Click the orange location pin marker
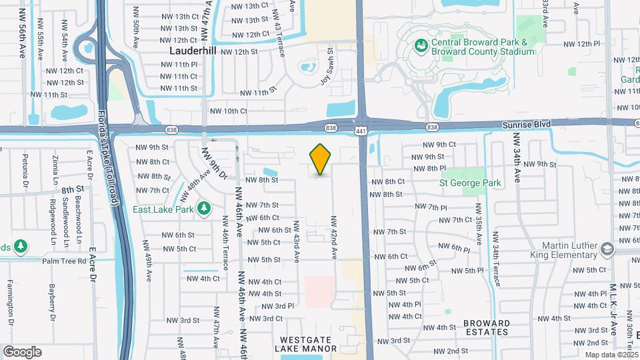(320, 160)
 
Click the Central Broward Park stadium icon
(421, 45)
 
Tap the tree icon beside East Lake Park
(205, 209)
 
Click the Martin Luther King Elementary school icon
(607, 249)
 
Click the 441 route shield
(360, 132)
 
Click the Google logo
(22, 352)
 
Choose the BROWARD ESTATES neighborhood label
(486, 327)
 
